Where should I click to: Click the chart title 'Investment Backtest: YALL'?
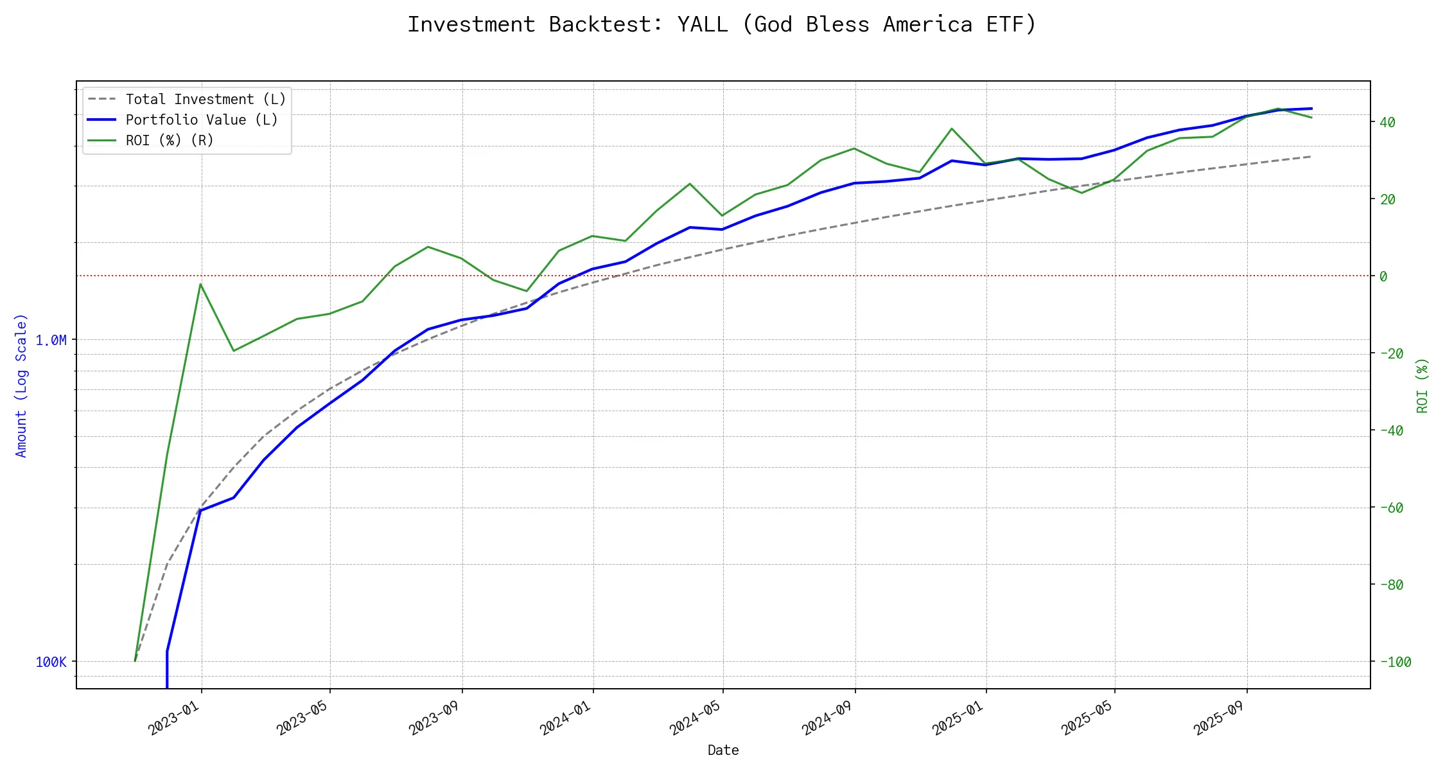pos(722,24)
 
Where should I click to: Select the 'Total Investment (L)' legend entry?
pos(206,100)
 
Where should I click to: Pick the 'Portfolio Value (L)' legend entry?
pos(202,120)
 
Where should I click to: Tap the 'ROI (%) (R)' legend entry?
pos(170,141)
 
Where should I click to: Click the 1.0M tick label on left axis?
pos(51,341)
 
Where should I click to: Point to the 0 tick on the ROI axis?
pos(1383,277)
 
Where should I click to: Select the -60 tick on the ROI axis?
pos(1391,508)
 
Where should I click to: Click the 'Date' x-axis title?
pos(723,750)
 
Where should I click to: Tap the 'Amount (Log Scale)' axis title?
pos(22,385)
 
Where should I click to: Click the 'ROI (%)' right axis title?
pos(1423,385)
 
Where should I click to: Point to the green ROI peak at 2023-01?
pos(201,284)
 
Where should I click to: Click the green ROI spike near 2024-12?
pos(952,128)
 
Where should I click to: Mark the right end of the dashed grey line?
pos(1311,156)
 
